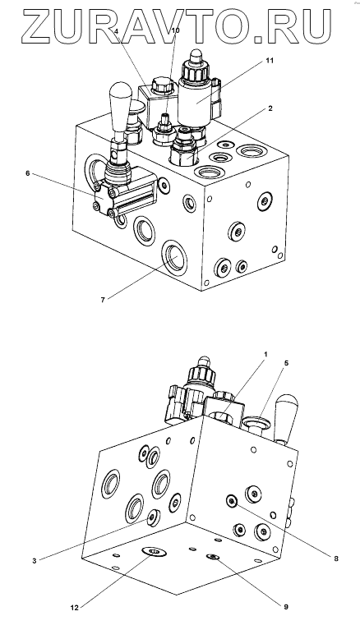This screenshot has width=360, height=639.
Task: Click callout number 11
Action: click(x=269, y=61)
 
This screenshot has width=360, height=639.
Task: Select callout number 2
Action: click(x=270, y=108)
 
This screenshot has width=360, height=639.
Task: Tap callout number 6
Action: click(x=28, y=173)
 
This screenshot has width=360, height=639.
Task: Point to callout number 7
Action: click(x=103, y=300)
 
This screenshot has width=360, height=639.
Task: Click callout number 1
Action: click(x=265, y=354)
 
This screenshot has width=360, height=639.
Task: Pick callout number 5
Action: click(x=286, y=363)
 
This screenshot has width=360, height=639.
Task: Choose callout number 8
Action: click(x=336, y=559)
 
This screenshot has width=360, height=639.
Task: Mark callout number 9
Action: click(x=286, y=607)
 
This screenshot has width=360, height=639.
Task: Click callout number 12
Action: click(x=74, y=608)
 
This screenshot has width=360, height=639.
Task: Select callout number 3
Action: click(x=35, y=561)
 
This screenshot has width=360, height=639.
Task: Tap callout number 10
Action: click(x=175, y=30)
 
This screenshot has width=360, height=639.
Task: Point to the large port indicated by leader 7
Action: click(x=174, y=258)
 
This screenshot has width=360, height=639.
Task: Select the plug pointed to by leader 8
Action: click(x=232, y=501)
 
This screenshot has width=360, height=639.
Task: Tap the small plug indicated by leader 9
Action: click(x=213, y=557)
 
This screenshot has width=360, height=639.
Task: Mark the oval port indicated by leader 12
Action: click(x=155, y=552)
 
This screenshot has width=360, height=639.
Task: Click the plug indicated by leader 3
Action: click(x=154, y=518)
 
